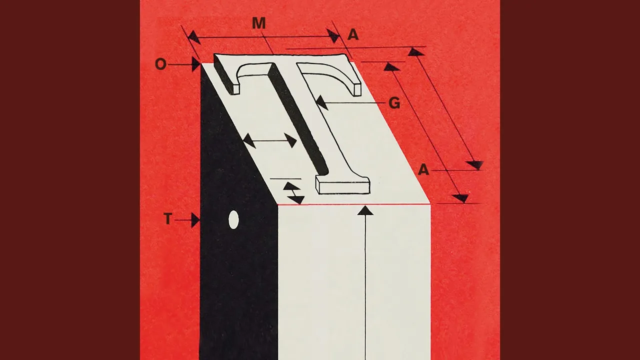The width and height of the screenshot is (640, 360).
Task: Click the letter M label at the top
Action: point(259,23)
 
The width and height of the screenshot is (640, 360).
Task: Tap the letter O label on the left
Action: point(160,64)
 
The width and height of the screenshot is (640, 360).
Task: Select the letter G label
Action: point(394,103)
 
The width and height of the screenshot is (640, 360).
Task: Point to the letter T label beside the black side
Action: point(168,219)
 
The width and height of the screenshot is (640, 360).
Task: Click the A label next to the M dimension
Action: point(353,35)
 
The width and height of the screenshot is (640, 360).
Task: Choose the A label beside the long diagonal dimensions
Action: point(423,170)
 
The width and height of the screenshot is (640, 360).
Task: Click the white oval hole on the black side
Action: point(233,219)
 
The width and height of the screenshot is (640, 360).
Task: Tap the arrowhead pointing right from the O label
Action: point(196,64)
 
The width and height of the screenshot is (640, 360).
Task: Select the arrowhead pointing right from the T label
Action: point(195,220)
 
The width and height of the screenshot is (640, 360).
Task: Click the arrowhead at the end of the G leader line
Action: point(321,103)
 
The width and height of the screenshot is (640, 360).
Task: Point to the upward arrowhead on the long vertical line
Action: point(365,210)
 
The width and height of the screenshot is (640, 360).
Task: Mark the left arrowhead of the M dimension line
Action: point(194,37)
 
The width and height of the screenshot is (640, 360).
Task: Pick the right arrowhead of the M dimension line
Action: point(333,36)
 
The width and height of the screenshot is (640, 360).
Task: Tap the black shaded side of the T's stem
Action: point(298,118)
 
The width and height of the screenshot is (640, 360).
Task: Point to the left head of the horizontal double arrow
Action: point(249,140)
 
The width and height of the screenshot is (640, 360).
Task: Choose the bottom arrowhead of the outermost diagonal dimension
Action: point(474,165)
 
